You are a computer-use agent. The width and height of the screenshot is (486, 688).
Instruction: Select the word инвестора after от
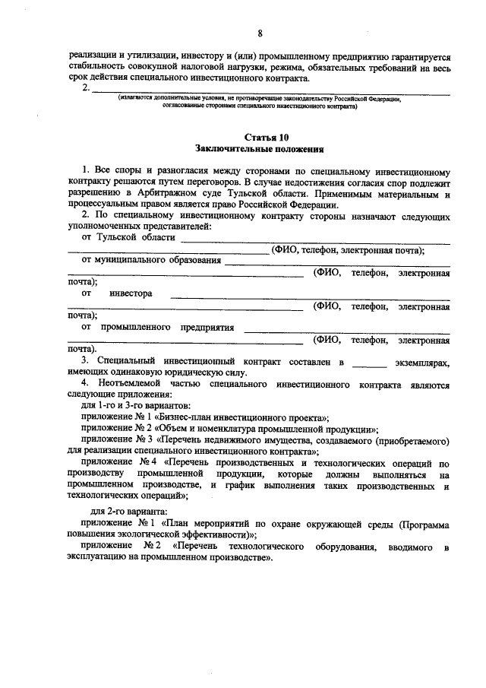[x=131, y=293]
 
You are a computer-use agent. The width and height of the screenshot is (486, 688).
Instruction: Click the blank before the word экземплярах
[x=370, y=364]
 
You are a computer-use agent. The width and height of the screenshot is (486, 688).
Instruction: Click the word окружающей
[x=295, y=525]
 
